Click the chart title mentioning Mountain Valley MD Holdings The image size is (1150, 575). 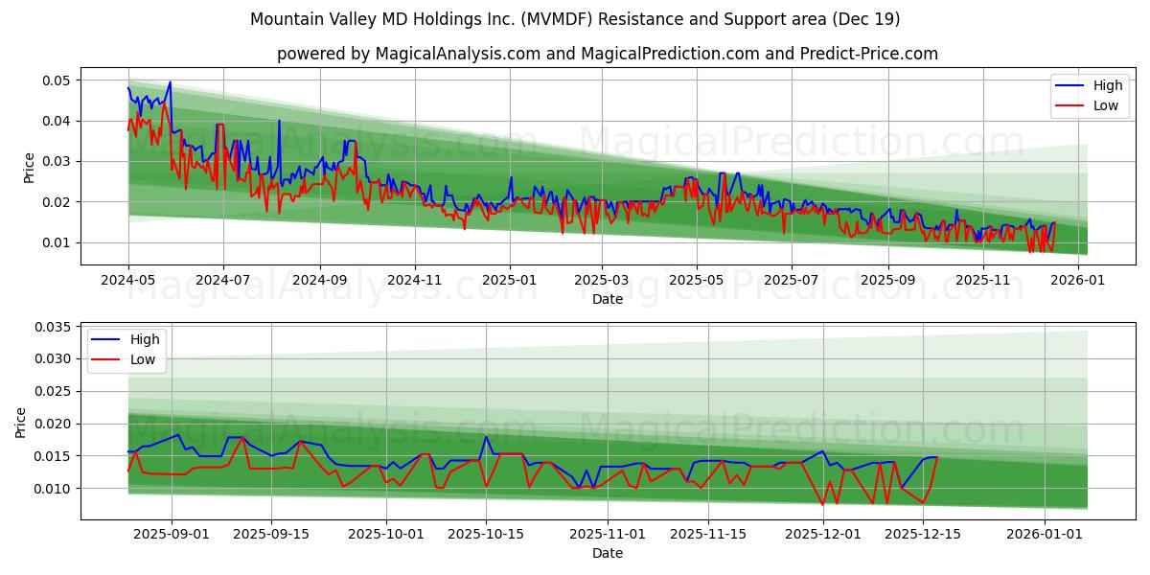[x=574, y=19]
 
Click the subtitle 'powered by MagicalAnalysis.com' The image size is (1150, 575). [x=607, y=54]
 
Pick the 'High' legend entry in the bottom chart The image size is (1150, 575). [x=145, y=339]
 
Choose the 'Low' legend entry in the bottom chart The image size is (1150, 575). [x=144, y=359]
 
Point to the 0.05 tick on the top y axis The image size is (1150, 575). [x=57, y=80]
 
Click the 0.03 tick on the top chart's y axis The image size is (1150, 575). [x=57, y=162]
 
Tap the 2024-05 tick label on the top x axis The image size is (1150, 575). [x=128, y=280]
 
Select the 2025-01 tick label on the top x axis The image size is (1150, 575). [x=509, y=280]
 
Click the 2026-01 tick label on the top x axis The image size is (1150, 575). [x=1080, y=280]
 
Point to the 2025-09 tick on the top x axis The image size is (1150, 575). [x=887, y=280]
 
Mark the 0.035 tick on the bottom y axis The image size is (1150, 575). [x=53, y=327]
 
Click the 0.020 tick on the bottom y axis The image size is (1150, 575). [x=53, y=424]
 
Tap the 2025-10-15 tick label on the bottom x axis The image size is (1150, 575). [x=486, y=534]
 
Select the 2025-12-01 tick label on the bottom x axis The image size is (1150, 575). [x=822, y=534]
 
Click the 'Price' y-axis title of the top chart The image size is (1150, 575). [x=29, y=168]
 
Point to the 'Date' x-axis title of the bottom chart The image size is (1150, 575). [x=607, y=553]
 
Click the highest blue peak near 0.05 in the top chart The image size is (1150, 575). [x=170, y=82]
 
